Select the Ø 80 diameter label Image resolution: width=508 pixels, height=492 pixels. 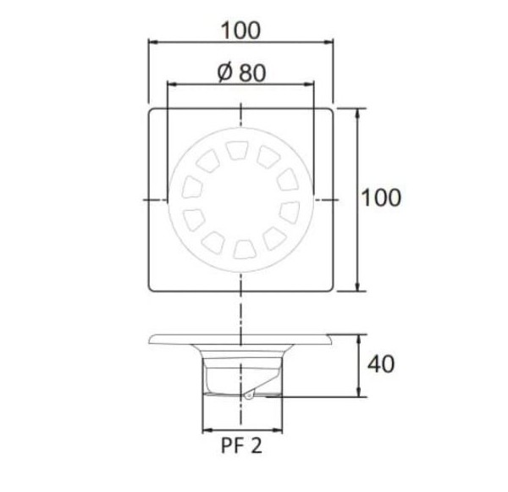pos(241,72)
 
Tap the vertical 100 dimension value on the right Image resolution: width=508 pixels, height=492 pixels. pos(381,198)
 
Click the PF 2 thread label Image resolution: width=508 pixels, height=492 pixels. pos(241,446)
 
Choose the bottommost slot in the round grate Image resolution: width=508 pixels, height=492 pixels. pos(241,247)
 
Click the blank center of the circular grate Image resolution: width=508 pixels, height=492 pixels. pos(241,199)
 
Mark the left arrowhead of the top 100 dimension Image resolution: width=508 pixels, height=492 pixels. pos(153,40)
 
